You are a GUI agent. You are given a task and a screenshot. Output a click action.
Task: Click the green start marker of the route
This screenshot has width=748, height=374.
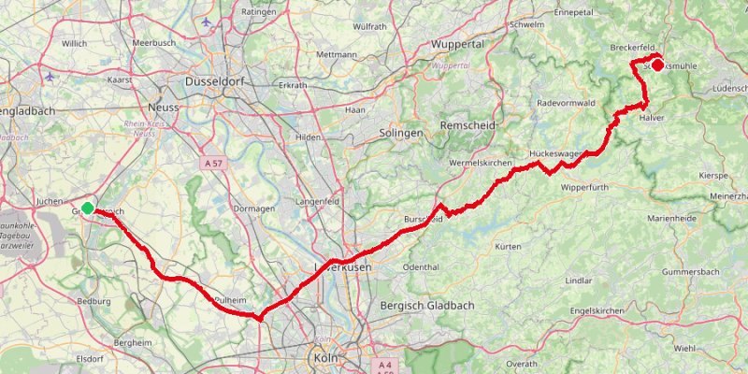87,208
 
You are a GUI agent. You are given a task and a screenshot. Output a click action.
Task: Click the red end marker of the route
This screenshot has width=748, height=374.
657,65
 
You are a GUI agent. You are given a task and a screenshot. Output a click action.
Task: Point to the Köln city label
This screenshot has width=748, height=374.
325,356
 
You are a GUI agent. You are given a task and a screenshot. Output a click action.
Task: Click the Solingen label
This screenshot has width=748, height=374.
401,133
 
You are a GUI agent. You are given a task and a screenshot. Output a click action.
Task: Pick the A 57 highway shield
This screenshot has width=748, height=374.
214,163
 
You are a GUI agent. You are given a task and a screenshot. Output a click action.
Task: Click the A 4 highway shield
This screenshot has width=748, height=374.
383,365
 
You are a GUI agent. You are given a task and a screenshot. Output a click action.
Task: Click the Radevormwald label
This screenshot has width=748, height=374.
567,103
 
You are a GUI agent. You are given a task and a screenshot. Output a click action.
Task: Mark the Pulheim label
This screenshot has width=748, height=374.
230,299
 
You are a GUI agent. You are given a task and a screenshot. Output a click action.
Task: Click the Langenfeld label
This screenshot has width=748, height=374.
315,201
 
